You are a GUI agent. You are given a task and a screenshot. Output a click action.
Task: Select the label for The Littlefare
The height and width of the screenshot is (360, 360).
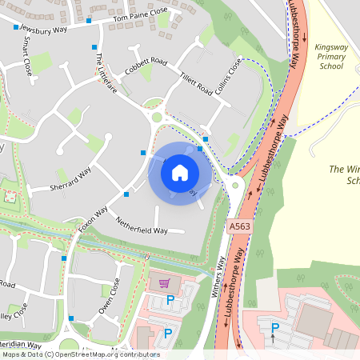[106, 74]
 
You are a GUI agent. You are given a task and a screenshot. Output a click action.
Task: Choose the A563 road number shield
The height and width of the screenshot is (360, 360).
[237, 227]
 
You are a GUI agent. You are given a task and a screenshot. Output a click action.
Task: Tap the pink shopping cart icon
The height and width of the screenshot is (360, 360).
[164, 283]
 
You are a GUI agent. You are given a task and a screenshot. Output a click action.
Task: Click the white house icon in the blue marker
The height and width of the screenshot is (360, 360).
[180, 172]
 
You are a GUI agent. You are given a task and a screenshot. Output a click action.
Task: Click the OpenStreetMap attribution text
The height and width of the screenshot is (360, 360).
[80, 354]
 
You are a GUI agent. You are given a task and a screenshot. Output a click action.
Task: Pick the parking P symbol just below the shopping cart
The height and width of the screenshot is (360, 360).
[170, 301]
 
